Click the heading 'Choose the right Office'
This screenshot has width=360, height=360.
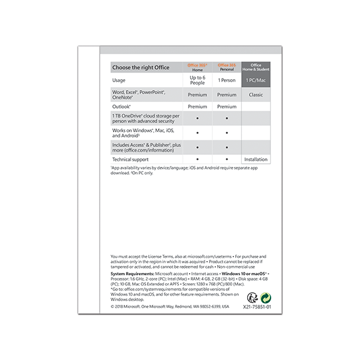coord(141,67)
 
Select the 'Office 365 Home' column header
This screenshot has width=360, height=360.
coord(197,67)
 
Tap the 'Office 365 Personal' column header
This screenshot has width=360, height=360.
coord(227,67)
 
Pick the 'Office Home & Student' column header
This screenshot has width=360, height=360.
coord(256,67)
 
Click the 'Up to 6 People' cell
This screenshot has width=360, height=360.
coord(197,80)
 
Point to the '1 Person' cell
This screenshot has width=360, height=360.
coord(227,80)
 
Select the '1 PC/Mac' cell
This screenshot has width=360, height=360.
coord(256,80)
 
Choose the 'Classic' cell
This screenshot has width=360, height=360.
coord(256,95)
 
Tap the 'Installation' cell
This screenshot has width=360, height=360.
coord(256,160)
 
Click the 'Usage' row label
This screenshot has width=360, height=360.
coord(119,80)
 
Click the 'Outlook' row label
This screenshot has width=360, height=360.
coord(122,107)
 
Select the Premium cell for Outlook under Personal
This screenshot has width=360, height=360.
coord(227,107)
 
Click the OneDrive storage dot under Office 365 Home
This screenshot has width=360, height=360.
coord(197,118)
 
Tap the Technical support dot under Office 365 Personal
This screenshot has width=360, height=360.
coord(227,160)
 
